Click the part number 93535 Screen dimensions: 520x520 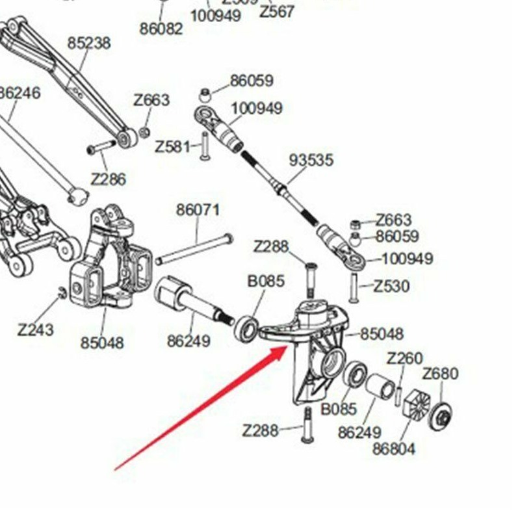(311, 160)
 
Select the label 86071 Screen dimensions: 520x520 (198, 211)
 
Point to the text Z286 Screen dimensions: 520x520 (108, 179)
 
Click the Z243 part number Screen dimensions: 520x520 (35, 330)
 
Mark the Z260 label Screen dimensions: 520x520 (404, 358)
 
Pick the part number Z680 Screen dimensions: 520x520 (440, 374)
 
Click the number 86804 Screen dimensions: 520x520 (394, 448)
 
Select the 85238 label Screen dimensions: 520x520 (89, 43)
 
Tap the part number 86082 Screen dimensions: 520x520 (161, 29)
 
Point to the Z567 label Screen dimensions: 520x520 (277, 11)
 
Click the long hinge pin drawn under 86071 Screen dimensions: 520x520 (194, 249)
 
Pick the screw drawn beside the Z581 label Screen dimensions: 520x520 (204, 146)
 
